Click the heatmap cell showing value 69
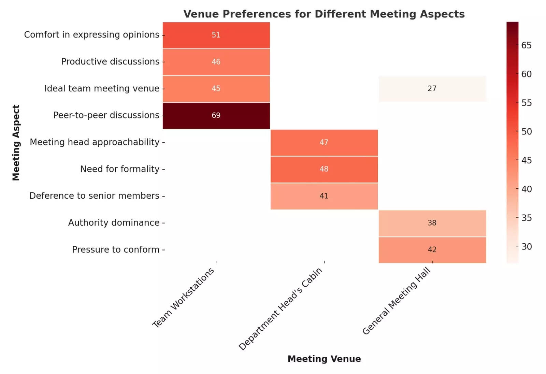pos(216,115)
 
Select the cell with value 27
pos(432,88)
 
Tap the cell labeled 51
pos(216,35)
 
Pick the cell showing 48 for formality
pos(324,169)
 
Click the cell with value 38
pos(432,223)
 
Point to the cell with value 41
pos(324,196)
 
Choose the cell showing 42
pos(432,249)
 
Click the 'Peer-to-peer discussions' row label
pos(106,115)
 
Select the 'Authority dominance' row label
pos(114,223)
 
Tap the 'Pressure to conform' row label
pos(116,249)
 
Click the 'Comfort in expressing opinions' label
pos(91,35)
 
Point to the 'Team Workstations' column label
pos(183,297)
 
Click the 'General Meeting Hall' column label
pos(396,301)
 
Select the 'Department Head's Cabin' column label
pos(281,309)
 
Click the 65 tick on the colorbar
pos(526,45)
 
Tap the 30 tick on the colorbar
pos(526,246)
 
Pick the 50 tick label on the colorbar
pos(526,131)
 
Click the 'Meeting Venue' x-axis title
pos(324,359)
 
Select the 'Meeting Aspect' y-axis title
pos(16,142)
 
